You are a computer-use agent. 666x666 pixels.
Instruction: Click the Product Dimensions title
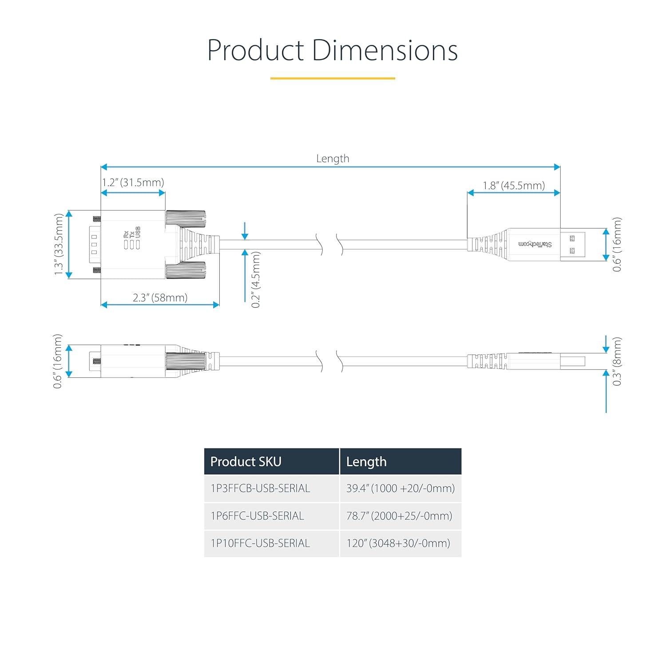point(333,50)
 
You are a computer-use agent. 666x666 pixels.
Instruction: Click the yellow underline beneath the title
point(333,79)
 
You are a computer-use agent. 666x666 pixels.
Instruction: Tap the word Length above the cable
point(333,159)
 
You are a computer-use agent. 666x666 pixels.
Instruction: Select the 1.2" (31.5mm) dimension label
point(133,182)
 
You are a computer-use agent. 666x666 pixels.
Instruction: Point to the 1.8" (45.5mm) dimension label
point(514,186)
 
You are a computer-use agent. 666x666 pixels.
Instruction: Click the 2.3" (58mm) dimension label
point(160,297)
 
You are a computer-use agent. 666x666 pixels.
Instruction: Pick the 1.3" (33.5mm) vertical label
point(59,244)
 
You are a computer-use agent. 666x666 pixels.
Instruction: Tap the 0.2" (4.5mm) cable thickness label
point(256,280)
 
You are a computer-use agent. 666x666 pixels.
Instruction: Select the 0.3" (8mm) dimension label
point(617,361)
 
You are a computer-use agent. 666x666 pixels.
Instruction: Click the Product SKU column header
point(246,462)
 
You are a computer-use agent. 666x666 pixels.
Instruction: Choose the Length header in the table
point(366,462)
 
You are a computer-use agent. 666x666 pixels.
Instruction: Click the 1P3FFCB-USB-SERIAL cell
point(260,488)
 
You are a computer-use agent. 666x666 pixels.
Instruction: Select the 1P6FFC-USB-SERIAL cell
point(258,516)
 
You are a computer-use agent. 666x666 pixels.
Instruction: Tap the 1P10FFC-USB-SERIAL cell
point(260,543)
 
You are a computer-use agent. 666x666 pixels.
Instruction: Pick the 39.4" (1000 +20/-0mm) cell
point(400,488)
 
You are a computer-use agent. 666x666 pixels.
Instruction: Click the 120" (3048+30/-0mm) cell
point(398,543)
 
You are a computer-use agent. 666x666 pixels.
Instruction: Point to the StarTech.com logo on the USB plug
point(535,244)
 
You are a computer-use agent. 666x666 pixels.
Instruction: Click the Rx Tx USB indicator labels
point(132,238)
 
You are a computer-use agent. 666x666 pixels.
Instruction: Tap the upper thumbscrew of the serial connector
point(186,218)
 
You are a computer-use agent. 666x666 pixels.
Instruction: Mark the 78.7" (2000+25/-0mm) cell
point(399,516)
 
